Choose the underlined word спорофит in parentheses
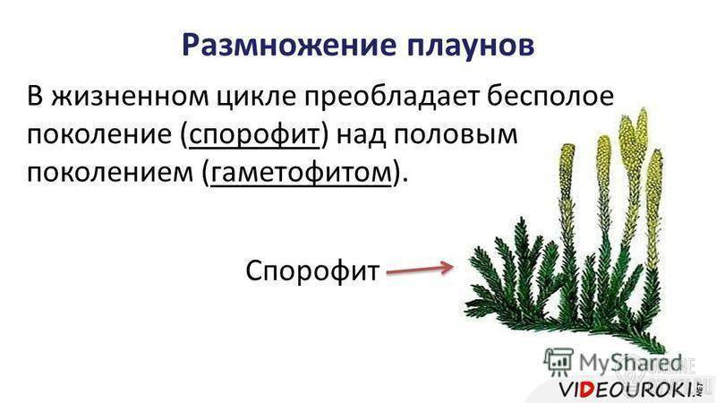point(254,136)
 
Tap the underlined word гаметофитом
point(301,174)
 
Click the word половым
point(456,135)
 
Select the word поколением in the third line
point(110,174)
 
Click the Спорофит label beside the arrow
point(312,270)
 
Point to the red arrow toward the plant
point(420,270)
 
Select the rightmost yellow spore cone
point(654,183)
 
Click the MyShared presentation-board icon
point(558,362)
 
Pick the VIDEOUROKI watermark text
point(628,390)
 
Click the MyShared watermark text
point(630,364)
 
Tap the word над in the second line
point(362,135)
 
